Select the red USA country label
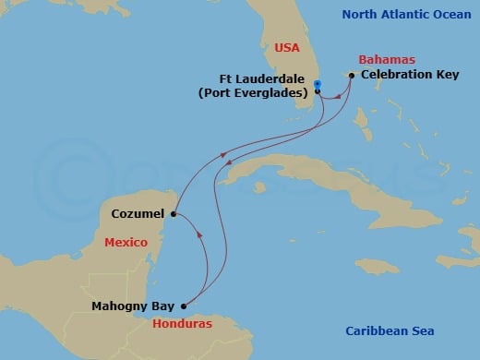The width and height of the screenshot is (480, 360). pos(288,48)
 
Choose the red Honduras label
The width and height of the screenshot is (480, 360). pos(182,324)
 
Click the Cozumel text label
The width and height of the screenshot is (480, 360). pos(138,214)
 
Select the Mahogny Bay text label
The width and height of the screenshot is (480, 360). pos(134,306)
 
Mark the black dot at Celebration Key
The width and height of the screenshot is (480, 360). pos(352,76)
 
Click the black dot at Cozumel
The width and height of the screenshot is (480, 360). pos(173,214)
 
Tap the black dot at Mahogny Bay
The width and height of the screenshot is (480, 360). pos(183,306)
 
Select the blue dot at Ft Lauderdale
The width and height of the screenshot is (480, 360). pos(317,85)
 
